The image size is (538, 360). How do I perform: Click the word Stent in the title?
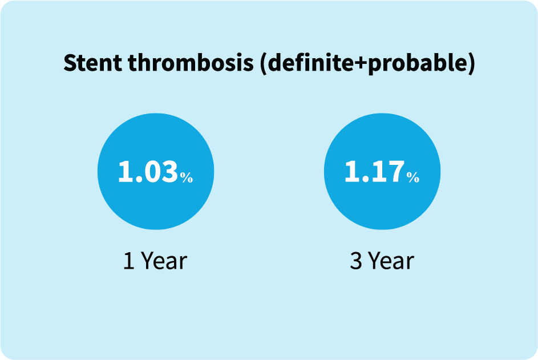[x=92, y=63]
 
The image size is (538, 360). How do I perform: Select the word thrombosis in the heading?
[x=191, y=62]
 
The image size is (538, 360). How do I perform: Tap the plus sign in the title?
[x=360, y=64]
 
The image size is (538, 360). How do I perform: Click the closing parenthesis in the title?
[x=471, y=63]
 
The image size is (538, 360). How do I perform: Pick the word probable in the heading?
[x=417, y=63]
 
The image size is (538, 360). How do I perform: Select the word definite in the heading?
[x=310, y=62]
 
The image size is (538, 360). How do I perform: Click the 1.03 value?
[x=148, y=171]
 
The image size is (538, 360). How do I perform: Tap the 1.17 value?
[x=374, y=171]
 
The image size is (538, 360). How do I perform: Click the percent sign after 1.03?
[x=187, y=177]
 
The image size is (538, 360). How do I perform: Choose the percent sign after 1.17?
[x=413, y=177]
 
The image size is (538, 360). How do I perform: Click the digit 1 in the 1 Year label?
[x=129, y=261]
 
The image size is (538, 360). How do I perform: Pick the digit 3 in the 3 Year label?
[x=356, y=261]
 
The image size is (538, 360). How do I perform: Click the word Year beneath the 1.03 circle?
[x=164, y=261]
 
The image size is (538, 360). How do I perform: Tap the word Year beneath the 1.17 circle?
[x=391, y=261]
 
